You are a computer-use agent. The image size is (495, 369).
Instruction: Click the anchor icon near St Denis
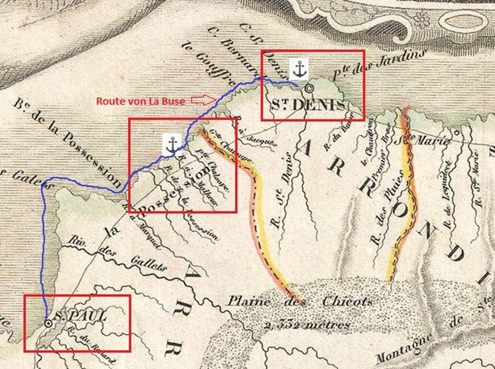[x=298, y=67]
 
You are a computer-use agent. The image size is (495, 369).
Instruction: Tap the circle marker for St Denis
[x=309, y=88]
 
